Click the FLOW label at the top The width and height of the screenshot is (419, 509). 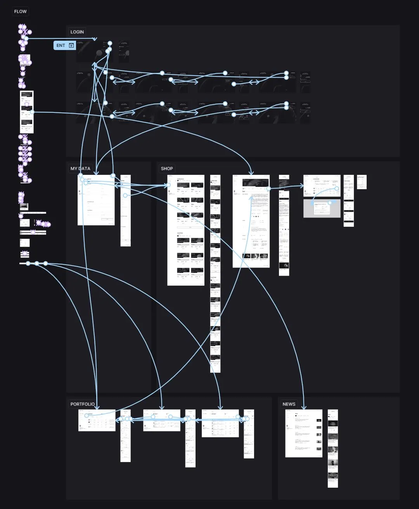[20, 12]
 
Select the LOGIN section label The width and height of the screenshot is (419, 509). [77, 32]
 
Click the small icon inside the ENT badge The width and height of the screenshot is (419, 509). [71, 45]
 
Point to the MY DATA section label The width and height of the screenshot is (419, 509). [80, 169]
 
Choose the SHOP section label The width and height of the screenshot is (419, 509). [167, 169]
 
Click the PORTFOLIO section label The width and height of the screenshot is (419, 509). [82, 404]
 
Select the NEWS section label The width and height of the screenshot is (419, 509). [289, 404]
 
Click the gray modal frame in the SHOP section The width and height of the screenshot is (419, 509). [322, 209]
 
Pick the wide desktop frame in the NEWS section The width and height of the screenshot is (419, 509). [303, 433]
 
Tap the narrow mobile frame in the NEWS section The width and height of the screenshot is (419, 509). [332, 448]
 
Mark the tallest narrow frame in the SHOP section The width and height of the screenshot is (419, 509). [215, 273]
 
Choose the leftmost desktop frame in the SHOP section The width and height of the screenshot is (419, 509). [185, 230]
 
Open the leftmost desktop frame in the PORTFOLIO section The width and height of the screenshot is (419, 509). [97, 420]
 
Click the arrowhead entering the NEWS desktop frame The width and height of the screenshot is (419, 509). [304, 407]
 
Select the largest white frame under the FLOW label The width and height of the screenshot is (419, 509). [27, 112]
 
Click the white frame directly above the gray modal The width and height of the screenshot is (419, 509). [322, 186]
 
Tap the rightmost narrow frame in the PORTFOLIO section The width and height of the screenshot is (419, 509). [249, 434]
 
